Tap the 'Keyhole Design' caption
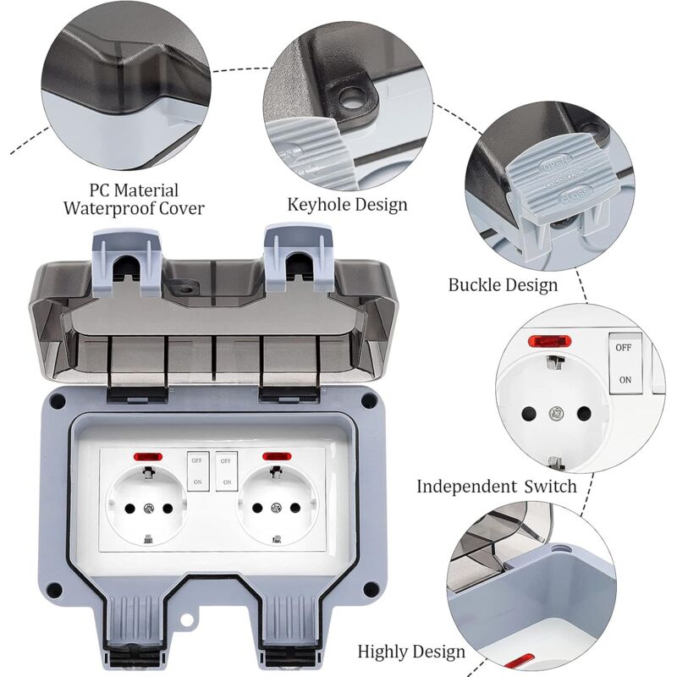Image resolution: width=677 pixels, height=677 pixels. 347,204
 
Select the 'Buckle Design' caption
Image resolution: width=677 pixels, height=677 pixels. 503,284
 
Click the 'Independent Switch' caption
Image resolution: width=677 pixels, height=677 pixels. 496,486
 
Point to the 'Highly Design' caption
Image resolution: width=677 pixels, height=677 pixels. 411,651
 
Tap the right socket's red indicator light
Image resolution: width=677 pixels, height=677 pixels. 274,458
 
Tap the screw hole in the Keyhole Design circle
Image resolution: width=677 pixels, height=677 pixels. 350,100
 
